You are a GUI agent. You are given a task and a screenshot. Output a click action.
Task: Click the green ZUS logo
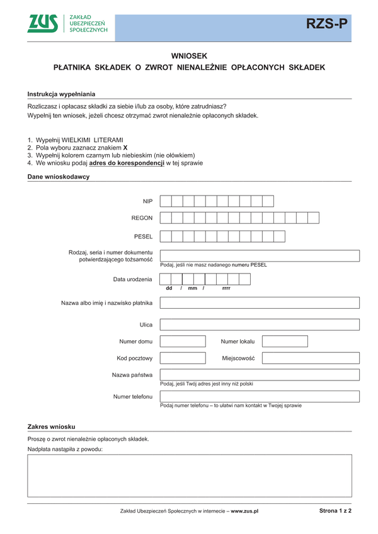[42, 24]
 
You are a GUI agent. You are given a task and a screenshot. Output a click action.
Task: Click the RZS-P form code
[326, 25]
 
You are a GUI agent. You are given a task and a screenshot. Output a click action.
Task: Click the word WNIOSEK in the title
[189, 55]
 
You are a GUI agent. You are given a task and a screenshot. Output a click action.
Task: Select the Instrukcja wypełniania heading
[61, 94]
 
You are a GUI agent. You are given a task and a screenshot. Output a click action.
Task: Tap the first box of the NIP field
[166, 201]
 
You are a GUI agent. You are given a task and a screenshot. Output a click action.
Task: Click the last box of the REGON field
[313, 218]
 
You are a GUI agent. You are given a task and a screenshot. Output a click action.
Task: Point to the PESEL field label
[143, 237]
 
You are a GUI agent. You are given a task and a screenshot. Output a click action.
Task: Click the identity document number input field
[260, 256]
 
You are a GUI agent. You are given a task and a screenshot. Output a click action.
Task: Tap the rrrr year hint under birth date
[226, 289]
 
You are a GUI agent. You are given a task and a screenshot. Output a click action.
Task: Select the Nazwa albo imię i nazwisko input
[260, 303]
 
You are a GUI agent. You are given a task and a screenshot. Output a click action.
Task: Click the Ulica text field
[260, 325]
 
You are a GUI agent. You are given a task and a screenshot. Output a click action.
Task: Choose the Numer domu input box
[183, 342]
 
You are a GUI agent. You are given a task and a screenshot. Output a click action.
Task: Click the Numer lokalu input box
[285, 342]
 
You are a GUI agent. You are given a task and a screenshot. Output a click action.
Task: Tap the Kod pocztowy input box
[183, 358]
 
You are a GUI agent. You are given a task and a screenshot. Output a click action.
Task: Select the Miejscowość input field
[311, 358]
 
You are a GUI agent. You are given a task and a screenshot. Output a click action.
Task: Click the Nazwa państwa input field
[260, 375]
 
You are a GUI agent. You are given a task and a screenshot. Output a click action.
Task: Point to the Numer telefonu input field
[260, 397]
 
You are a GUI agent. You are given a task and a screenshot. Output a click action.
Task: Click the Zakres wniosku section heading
[52, 426]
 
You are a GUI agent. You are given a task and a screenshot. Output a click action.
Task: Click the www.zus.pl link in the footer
[245, 511]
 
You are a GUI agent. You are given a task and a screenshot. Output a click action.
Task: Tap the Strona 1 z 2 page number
[335, 511]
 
